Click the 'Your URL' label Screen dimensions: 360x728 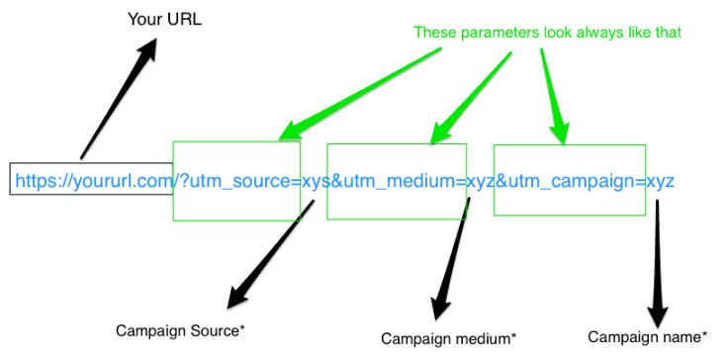pyautogui.click(x=165, y=19)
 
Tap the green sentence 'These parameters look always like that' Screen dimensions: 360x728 pyautogui.click(x=549, y=33)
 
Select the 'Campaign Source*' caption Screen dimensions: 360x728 pyautogui.click(x=179, y=329)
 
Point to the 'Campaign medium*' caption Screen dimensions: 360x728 pyautogui.click(x=449, y=338)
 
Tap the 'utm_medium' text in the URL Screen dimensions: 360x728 pyautogui.click(x=400, y=181)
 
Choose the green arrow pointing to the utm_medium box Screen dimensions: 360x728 pyautogui.click(x=475, y=94)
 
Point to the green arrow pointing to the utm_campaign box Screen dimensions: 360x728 pyautogui.click(x=551, y=94)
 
